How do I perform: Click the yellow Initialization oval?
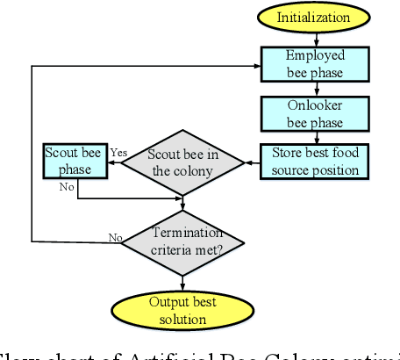(313, 18)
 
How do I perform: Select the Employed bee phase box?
(314, 62)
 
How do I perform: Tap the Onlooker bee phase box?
(314, 112)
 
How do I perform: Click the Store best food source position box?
(314, 161)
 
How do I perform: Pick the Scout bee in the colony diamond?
(183, 162)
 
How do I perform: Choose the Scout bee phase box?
(75, 160)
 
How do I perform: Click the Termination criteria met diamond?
(182, 240)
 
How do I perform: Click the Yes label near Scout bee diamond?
(119, 153)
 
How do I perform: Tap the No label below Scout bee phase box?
(67, 187)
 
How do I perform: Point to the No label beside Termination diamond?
(115, 237)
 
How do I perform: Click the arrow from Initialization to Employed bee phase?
(313, 39)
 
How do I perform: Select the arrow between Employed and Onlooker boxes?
(313, 87)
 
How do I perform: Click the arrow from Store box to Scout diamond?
(252, 162)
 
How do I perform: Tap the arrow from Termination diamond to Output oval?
(182, 280)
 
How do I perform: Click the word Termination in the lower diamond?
(182, 233)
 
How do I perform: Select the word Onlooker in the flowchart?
(314, 105)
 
